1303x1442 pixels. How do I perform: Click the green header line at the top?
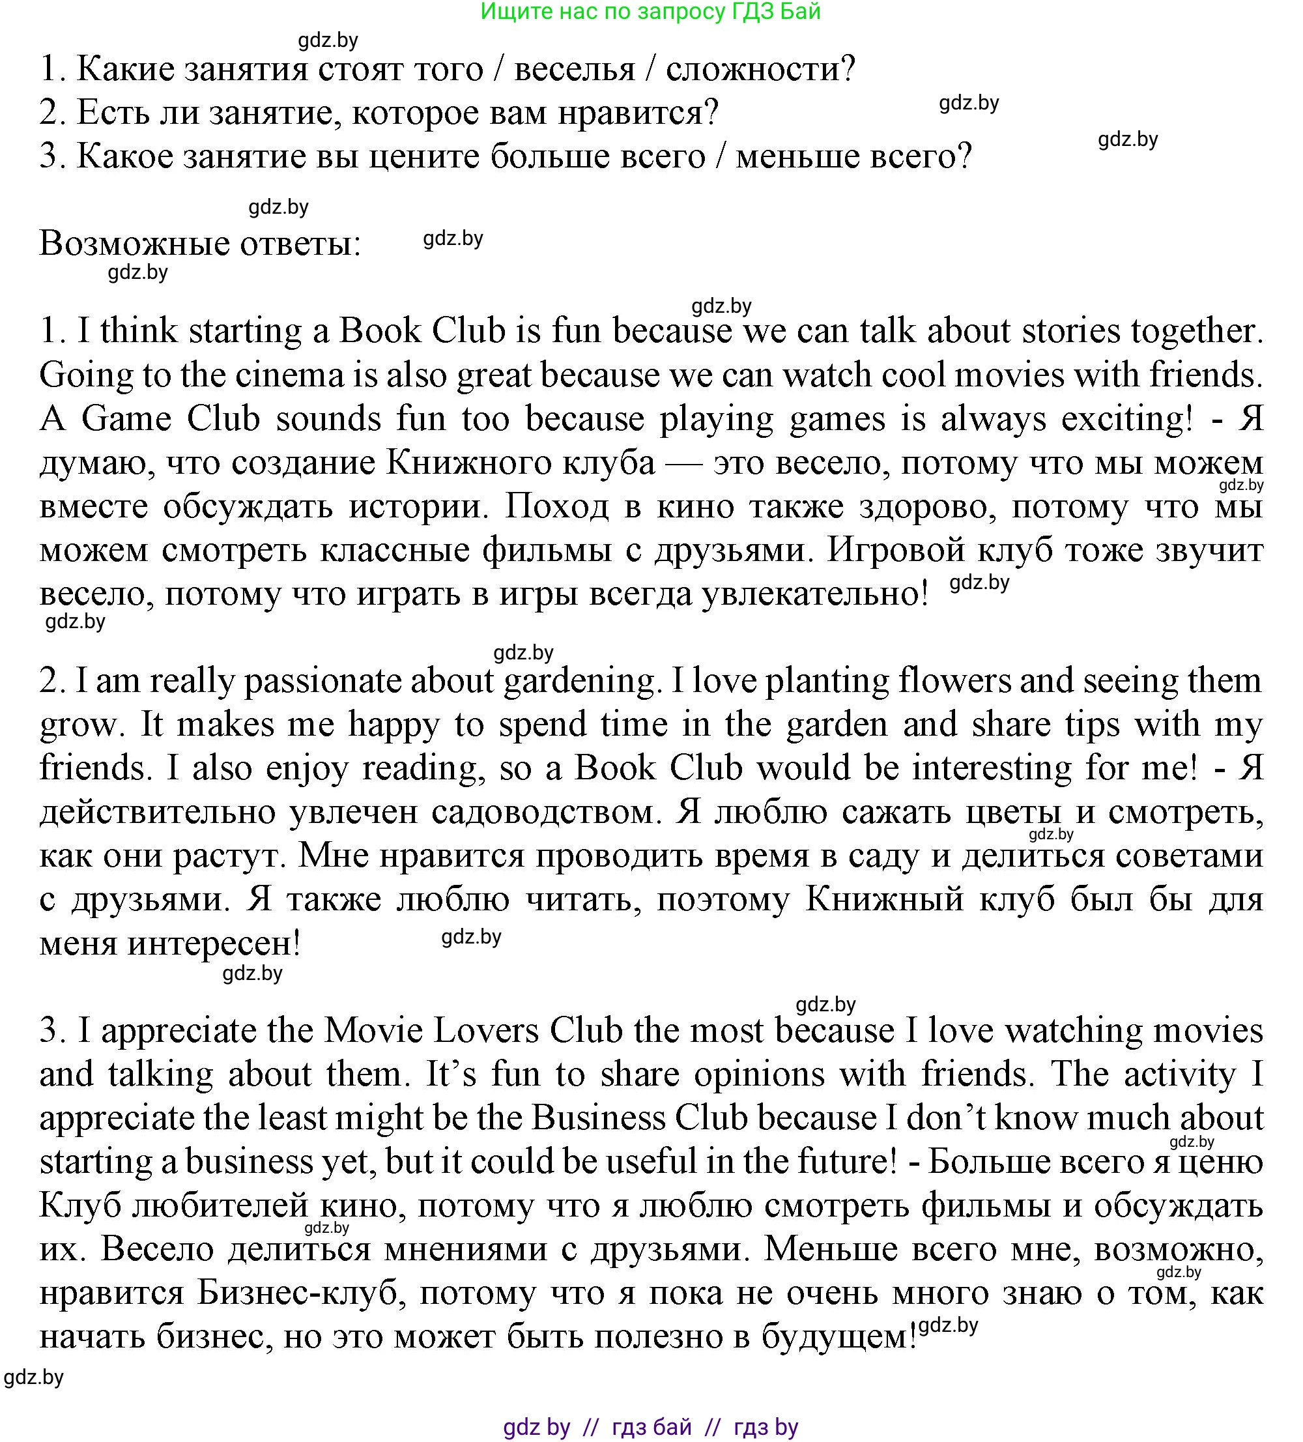[x=650, y=12]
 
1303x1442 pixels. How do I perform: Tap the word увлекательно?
[x=814, y=594]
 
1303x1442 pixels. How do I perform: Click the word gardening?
[x=580, y=681]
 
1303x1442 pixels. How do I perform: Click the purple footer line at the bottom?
[x=650, y=1427]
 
